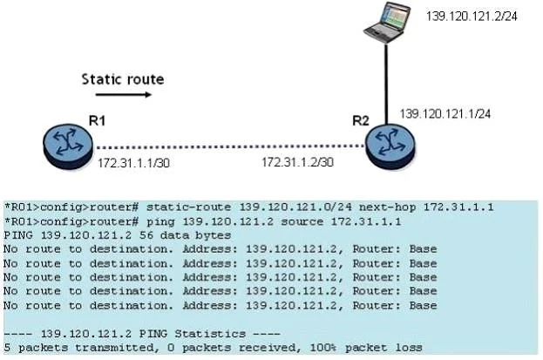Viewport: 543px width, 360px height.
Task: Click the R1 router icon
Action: (x=68, y=146)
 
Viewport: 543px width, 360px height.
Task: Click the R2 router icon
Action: (x=390, y=147)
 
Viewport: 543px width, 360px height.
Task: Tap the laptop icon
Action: (x=387, y=22)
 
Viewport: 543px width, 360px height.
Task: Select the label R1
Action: (x=97, y=120)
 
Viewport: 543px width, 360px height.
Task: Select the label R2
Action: (x=361, y=120)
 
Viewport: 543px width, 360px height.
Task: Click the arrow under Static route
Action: (x=124, y=94)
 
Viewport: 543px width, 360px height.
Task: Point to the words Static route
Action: (x=123, y=79)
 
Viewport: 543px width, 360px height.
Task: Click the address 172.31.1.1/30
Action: (x=133, y=163)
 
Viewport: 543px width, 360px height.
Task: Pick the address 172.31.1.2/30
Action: (x=297, y=162)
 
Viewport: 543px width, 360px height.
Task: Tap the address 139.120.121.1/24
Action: (x=445, y=114)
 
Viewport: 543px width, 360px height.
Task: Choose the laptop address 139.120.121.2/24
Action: (x=472, y=17)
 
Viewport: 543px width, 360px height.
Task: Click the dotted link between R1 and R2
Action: (x=230, y=147)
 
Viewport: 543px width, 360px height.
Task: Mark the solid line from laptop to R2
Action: (x=386, y=85)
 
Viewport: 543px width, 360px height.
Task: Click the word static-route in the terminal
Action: (x=189, y=207)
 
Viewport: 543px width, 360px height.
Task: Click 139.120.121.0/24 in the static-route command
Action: (x=295, y=207)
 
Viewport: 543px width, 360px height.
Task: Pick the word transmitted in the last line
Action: (x=115, y=348)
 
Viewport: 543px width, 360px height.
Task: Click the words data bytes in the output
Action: (x=195, y=235)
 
